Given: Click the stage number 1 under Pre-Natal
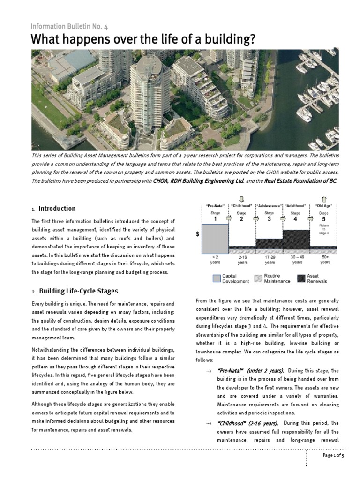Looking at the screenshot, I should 215,219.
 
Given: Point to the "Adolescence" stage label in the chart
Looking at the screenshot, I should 270,206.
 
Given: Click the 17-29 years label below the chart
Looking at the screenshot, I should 269,260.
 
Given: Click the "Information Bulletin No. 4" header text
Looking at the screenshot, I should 69,27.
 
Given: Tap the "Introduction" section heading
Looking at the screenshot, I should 57,209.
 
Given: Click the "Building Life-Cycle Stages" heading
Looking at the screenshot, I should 78,291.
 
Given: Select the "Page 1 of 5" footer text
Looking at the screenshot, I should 333,456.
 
